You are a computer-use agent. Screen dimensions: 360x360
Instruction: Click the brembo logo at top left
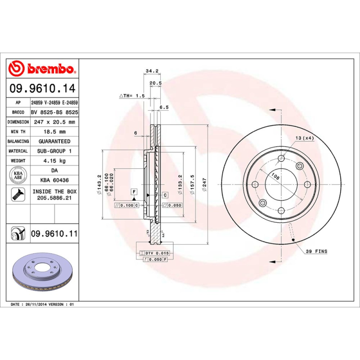coord(41,69)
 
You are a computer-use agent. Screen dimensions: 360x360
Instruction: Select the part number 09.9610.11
coord(54,234)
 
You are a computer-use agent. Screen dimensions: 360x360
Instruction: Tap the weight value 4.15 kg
coord(54,161)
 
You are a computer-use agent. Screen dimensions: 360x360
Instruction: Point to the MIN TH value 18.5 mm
coord(54,132)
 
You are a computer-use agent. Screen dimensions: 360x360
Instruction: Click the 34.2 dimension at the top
coord(152,71)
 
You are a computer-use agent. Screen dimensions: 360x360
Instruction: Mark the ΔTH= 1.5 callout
coord(132,96)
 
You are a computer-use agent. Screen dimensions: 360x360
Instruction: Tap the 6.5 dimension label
coord(164,108)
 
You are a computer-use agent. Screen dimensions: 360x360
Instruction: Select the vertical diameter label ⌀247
coord(204,184)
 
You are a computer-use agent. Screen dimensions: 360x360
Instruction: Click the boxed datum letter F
coord(134,193)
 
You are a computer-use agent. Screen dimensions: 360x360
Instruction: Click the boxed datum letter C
coord(165,195)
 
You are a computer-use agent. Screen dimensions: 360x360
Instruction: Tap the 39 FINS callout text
coord(316,251)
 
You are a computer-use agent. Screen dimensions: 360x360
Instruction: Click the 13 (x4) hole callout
coord(305,138)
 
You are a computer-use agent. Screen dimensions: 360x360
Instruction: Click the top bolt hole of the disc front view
coord(281,158)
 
